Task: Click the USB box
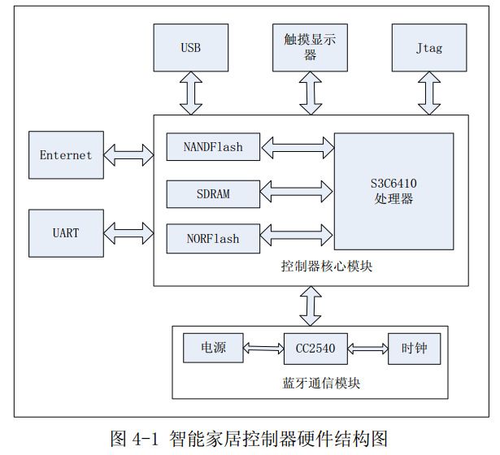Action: tap(190, 47)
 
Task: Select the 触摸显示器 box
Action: tap(310, 47)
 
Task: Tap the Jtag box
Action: tap(429, 47)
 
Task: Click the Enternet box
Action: tap(66, 155)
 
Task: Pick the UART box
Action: tap(66, 233)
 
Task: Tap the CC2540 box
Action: tap(315, 349)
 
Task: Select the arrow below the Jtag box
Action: tap(430, 93)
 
